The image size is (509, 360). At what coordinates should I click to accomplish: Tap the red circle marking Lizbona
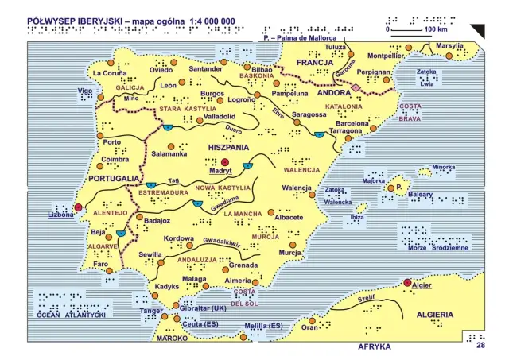(79, 208)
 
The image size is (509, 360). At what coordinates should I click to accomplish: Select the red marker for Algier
(408, 283)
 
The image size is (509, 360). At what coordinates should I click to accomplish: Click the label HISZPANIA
(228, 148)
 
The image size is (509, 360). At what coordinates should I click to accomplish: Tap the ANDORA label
(334, 92)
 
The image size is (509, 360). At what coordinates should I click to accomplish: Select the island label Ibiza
(357, 216)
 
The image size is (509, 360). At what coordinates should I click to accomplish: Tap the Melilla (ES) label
(263, 326)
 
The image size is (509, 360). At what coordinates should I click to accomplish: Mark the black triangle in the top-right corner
(477, 31)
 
